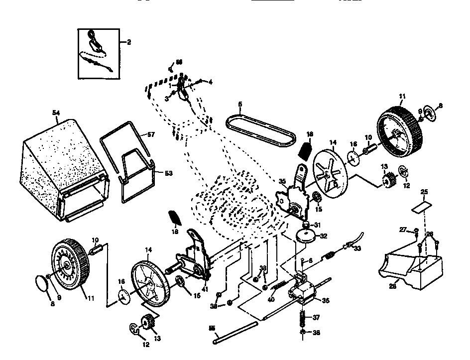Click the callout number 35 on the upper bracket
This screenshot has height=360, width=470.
(x=282, y=182)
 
